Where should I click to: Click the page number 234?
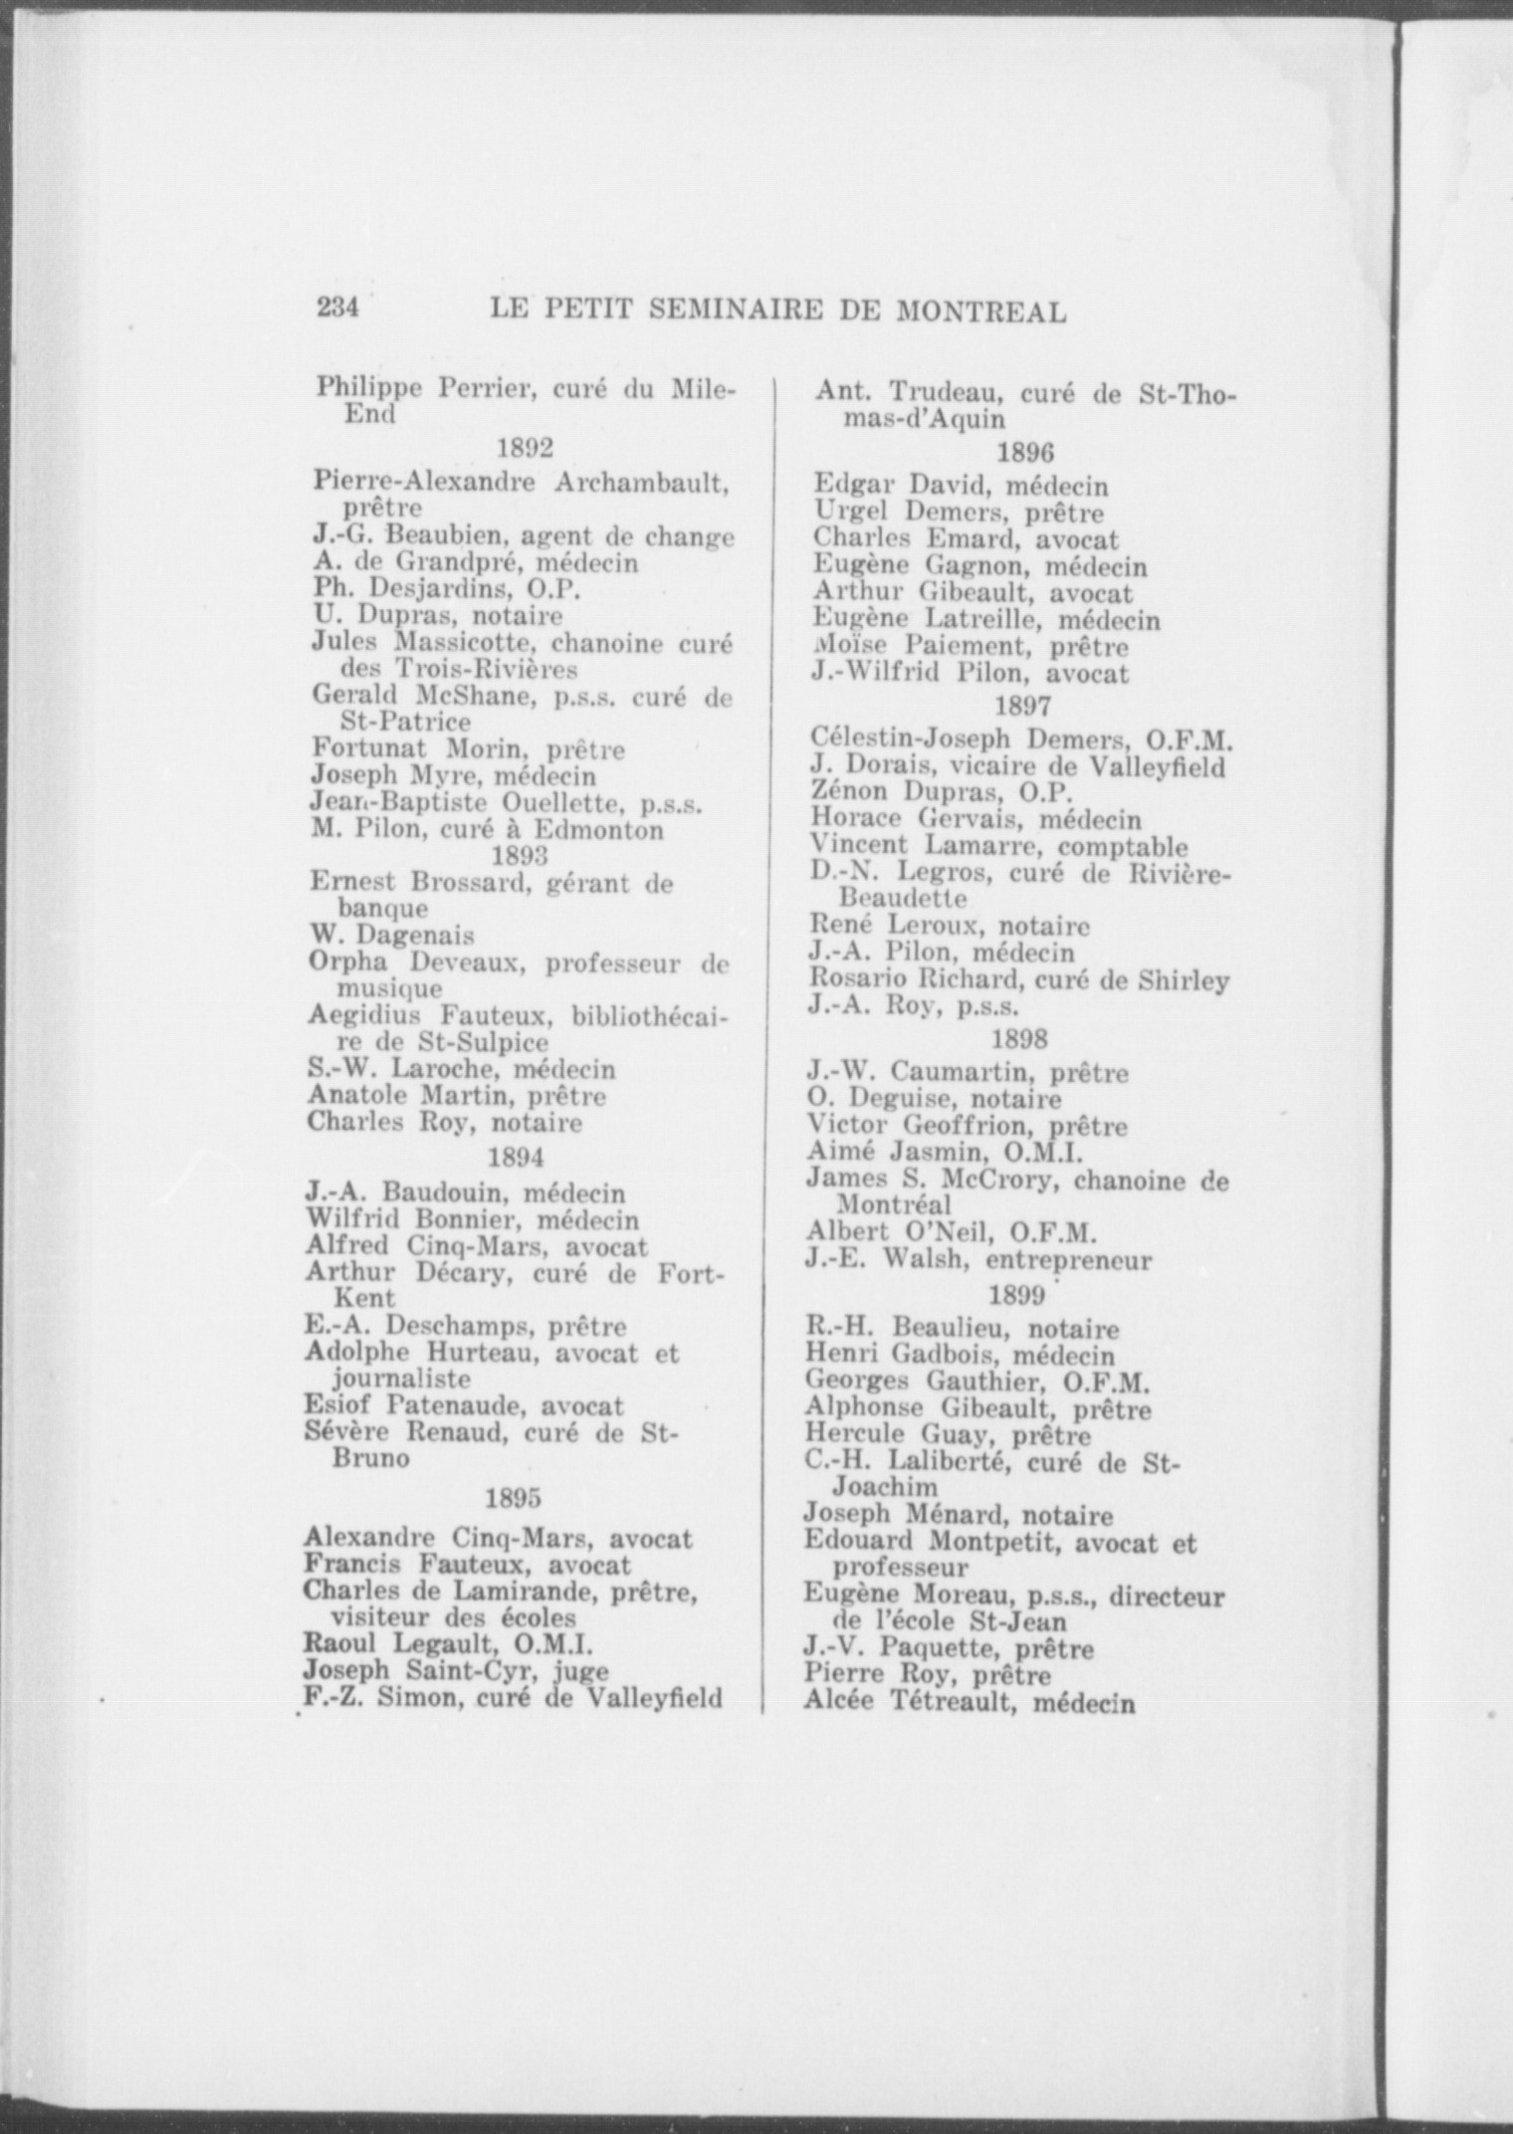pyautogui.click(x=337, y=309)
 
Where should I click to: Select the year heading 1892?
pyautogui.click(x=525, y=449)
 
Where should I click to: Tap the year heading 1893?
pyautogui.click(x=520, y=856)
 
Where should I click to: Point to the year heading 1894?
pyautogui.click(x=516, y=1158)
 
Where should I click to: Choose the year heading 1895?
pyautogui.click(x=513, y=1498)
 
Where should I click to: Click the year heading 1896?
pyautogui.click(x=1025, y=453)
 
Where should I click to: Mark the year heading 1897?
pyautogui.click(x=1023, y=707)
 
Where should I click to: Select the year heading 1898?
pyautogui.click(x=1020, y=1040)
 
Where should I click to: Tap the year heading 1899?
pyautogui.click(x=1017, y=1295)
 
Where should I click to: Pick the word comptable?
pyautogui.click(x=1123, y=847)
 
